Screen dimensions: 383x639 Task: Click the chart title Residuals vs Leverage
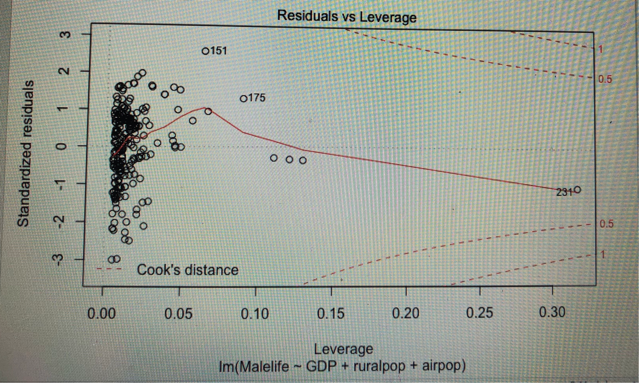[347, 17]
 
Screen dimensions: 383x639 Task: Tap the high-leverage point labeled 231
[577, 190]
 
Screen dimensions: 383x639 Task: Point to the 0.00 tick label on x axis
[101, 314]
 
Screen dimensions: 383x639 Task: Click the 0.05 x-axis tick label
[178, 314]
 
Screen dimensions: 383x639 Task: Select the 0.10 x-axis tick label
[255, 314]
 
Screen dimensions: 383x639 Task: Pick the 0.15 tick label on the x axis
[331, 314]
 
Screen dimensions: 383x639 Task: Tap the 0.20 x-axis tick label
[406, 313]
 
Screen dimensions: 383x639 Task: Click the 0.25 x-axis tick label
[480, 313]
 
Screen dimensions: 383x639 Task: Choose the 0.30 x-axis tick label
[552, 312]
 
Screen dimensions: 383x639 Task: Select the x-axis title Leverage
[343, 349]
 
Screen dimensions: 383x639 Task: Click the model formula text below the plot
[342, 366]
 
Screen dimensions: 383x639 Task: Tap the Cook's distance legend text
[187, 270]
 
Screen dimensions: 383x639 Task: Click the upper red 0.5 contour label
[605, 79]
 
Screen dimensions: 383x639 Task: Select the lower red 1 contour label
[603, 255]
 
